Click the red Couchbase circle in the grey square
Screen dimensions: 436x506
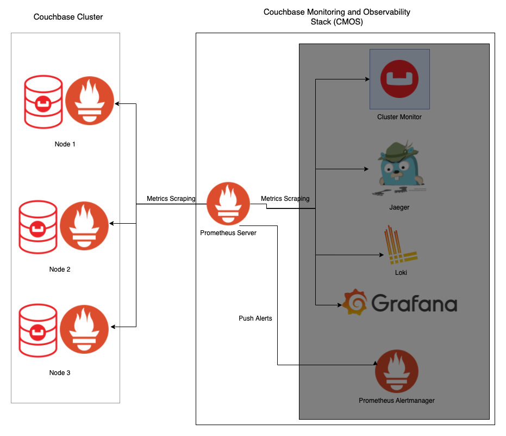399,79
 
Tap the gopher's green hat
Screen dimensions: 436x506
399,149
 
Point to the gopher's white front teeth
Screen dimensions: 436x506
397,176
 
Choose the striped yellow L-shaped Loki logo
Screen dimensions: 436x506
400,245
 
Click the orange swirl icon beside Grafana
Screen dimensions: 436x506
354,302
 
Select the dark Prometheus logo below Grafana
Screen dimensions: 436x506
397,371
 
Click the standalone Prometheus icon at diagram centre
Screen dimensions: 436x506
228,204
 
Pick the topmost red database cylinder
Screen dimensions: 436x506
43,102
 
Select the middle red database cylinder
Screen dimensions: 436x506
38,227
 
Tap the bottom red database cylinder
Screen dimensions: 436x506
38,330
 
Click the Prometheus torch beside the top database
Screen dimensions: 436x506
90,101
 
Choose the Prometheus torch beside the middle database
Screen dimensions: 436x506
84,226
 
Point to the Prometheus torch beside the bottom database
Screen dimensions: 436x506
84,329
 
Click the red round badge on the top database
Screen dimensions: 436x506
43,103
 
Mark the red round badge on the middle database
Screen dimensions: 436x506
38,228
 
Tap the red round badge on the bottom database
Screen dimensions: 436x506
38,331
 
